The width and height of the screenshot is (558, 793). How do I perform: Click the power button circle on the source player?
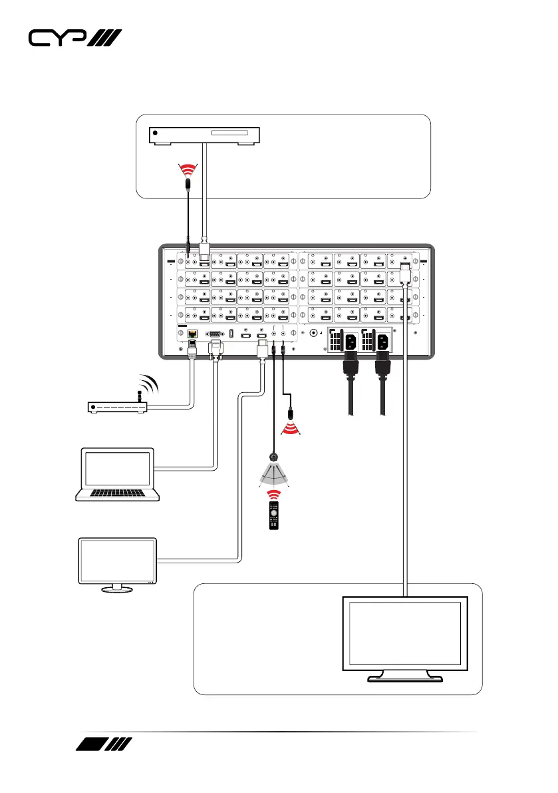(x=156, y=134)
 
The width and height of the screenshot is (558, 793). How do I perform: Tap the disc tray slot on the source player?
(x=233, y=134)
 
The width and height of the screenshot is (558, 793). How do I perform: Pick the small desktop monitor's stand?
(x=116, y=587)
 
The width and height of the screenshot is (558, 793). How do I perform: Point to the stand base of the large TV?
(x=406, y=678)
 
